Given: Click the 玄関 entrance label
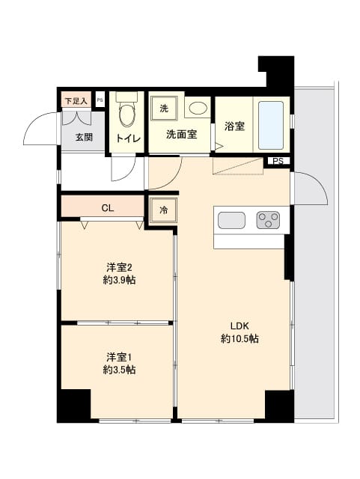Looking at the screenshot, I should (x=83, y=137).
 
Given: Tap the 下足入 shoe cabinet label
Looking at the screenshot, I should (x=76, y=100).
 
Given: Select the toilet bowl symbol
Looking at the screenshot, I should (x=127, y=114).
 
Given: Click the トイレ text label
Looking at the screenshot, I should (x=128, y=138).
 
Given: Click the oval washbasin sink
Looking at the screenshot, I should (x=197, y=109).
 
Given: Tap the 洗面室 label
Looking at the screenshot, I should (x=181, y=135).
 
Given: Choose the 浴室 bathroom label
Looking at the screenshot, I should (x=234, y=126).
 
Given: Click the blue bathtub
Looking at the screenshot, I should (x=271, y=125).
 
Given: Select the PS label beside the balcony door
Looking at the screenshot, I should (x=278, y=162).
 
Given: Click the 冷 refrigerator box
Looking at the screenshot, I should (x=163, y=211).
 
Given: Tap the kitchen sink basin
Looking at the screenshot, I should (x=231, y=220).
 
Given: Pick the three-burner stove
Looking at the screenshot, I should (x=268, y=220).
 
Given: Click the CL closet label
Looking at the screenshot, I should (x=108, y=207).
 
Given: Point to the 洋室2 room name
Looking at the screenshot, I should (x=119, y=267).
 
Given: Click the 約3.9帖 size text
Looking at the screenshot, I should (x=119, y=281).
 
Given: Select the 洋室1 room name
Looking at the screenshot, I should (x=119, y=356).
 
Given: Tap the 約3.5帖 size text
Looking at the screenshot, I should (x=119, y=370).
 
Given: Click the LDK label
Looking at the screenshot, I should (x=239, y=325).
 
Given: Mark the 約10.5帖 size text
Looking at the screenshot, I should (x=240, y=338).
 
